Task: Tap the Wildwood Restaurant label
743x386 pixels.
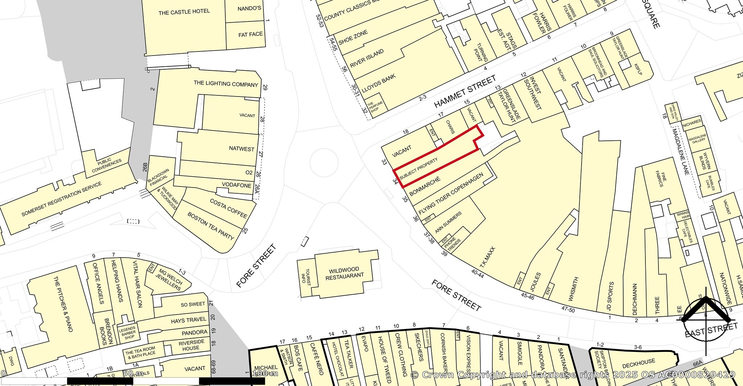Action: coord(344,272)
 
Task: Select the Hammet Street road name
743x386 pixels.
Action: coord(465,92)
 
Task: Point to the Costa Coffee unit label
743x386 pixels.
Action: coord(228,208)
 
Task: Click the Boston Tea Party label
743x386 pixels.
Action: coord(210,226)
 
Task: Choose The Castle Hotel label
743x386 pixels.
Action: coord(184,12)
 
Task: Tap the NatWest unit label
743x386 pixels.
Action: coord(242,149)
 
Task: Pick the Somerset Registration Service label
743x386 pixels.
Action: coord(62,199)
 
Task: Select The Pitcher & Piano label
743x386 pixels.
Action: coord(63,304)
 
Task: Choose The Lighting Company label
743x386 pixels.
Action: coord(226,84)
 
